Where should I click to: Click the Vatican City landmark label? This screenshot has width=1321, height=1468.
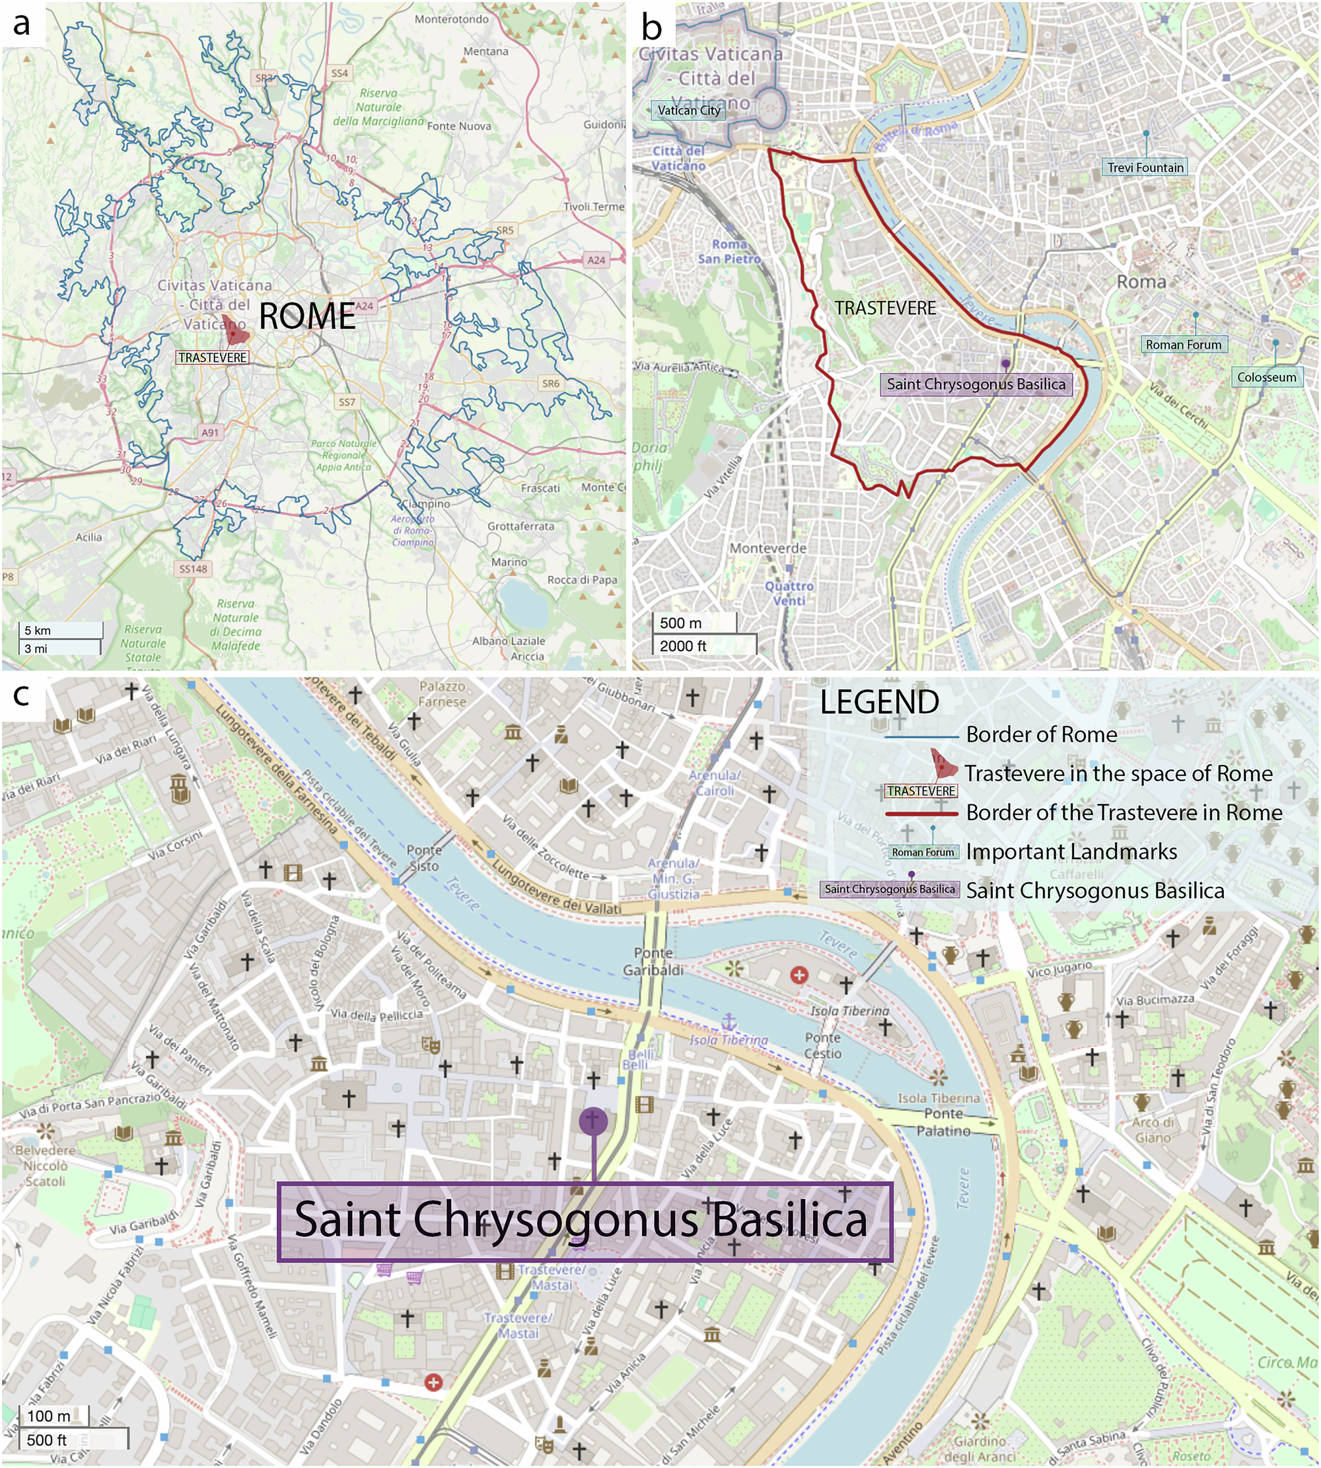[x=688, y=110]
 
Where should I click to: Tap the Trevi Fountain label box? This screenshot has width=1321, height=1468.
[x=1145, y=168]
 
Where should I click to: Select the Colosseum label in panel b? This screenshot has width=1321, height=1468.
[x=1267, y=377]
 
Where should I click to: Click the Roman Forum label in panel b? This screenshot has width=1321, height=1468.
[x=1183, y=345]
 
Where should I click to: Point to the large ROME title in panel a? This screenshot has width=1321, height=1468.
[x=307, y=316]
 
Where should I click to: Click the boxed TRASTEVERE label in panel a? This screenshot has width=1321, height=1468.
[x=213, y=358]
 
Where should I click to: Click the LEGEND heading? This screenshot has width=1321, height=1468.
[x=879, y=703]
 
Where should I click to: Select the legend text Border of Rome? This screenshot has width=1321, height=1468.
[x=1041, y=734]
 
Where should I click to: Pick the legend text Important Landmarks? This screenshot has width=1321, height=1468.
[x=1071, y=852]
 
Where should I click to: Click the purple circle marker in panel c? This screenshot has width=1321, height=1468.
[x=593, y=1121]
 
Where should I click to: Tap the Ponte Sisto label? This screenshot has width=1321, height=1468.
[x=424, y=858]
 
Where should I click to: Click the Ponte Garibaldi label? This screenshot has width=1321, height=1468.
[x=653, y=961]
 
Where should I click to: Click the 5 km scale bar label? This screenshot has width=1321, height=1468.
[x=38, y=631]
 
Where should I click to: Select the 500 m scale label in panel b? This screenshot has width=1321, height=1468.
[x=680, y=623]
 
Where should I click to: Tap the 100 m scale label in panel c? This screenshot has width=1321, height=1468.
[x=49, y=1416]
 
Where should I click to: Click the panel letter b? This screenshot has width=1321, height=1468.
[x=652, y=27]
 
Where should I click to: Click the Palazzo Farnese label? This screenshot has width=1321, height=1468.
[x=442, y=694]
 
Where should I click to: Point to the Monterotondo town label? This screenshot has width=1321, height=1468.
[x=452, y=19]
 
